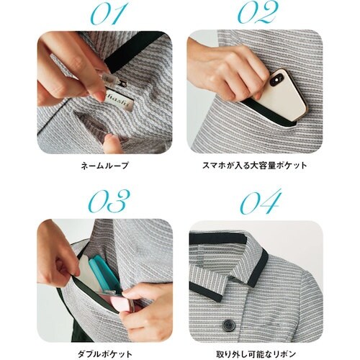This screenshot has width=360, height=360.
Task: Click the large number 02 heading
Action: (258, 12)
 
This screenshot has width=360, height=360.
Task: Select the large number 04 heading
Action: (261, 201)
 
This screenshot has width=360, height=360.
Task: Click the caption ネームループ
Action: (104, 166)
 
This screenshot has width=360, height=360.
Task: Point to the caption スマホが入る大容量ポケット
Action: (255, 166)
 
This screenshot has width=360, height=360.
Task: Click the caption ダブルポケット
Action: (105, 354)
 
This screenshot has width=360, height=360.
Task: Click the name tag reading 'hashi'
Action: (121, 100)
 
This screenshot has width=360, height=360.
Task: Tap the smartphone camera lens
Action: (278, 80)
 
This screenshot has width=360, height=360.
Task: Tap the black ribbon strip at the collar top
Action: (218, 238)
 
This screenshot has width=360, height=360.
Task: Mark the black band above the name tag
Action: (135, 51)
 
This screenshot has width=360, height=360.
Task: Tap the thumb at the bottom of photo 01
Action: (112, 143)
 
